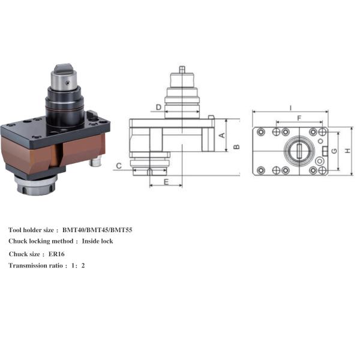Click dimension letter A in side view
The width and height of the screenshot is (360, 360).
[x=221, y=135]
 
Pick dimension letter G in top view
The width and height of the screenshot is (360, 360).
[x=334, y=151]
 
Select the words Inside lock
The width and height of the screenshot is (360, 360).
[x=97, y=241]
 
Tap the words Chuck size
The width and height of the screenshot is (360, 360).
[x=25, y=254]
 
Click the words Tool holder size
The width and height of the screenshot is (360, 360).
[x=31, y=230]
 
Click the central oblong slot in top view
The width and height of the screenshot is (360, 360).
[x=298, y=150]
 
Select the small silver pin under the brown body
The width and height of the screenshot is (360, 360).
[x=94, y=163]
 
